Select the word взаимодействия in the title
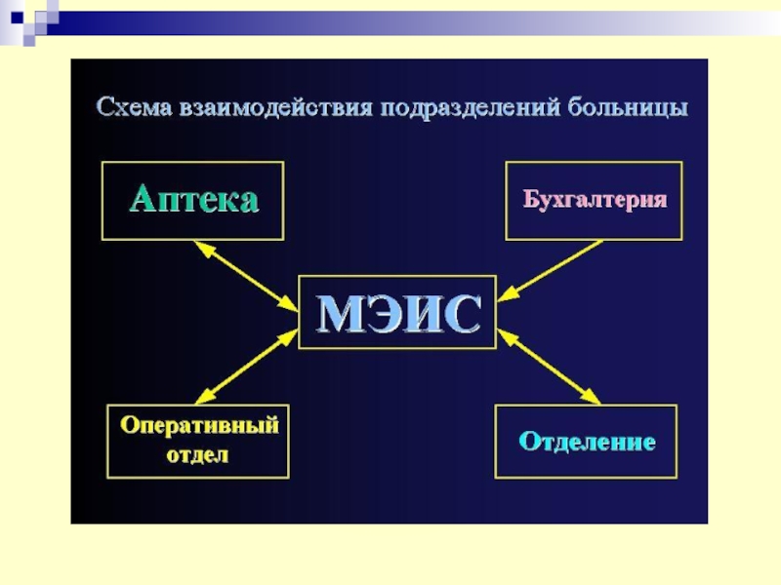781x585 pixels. pos(278,107)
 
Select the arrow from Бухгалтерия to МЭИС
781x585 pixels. pos(555,267)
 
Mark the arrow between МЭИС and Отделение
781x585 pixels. pos(549,367)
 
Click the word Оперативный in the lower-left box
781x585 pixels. pos(199,425)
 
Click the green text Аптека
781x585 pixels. pos(193,200)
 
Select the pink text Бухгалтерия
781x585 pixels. pos(595,200)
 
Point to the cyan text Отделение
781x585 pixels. pos(587,442)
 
